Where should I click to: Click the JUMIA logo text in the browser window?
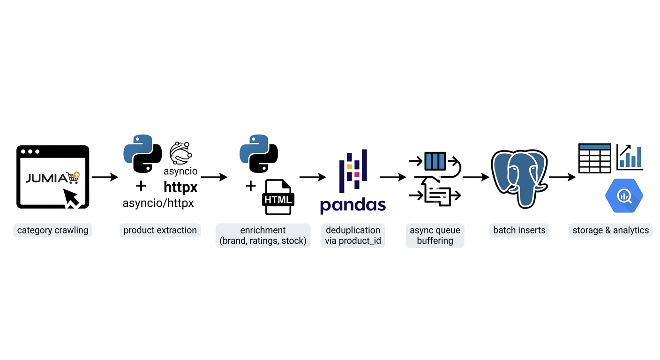(x=46, y=178)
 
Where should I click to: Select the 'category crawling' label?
(x=52, y=230)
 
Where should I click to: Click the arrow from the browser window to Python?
(x=105, y=177)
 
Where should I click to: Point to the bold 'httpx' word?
(x=180, y=187)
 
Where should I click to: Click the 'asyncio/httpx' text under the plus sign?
(x=158, y=203)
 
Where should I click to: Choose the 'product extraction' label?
(x=160, y=230)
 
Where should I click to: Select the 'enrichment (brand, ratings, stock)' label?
(x=262, y=235)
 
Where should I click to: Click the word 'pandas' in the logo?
(x=352, y=205)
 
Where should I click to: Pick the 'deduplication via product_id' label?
(x=352, y=235)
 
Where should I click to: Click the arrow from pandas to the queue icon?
(x=392, y=177)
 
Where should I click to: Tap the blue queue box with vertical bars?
(x=435, y=161)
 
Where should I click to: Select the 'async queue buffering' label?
(x=435, y=235)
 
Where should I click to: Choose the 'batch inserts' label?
(x=519, y=230)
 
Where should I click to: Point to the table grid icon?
(x=594, y=158)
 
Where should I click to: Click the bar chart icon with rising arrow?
(x=630, y=157)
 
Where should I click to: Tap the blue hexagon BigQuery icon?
(x=624, y=195)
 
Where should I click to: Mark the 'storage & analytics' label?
(x=610, y=230)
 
